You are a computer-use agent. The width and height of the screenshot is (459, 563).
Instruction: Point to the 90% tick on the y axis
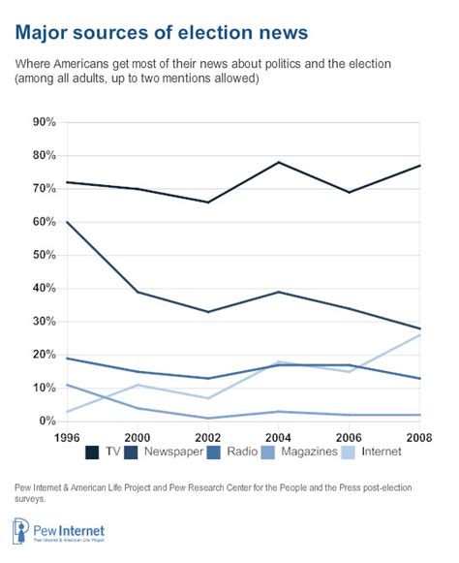point(44,122)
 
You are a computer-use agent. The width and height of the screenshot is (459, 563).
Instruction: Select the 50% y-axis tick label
point(44,255)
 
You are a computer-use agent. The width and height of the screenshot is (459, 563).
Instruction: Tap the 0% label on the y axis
point(47,421)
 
